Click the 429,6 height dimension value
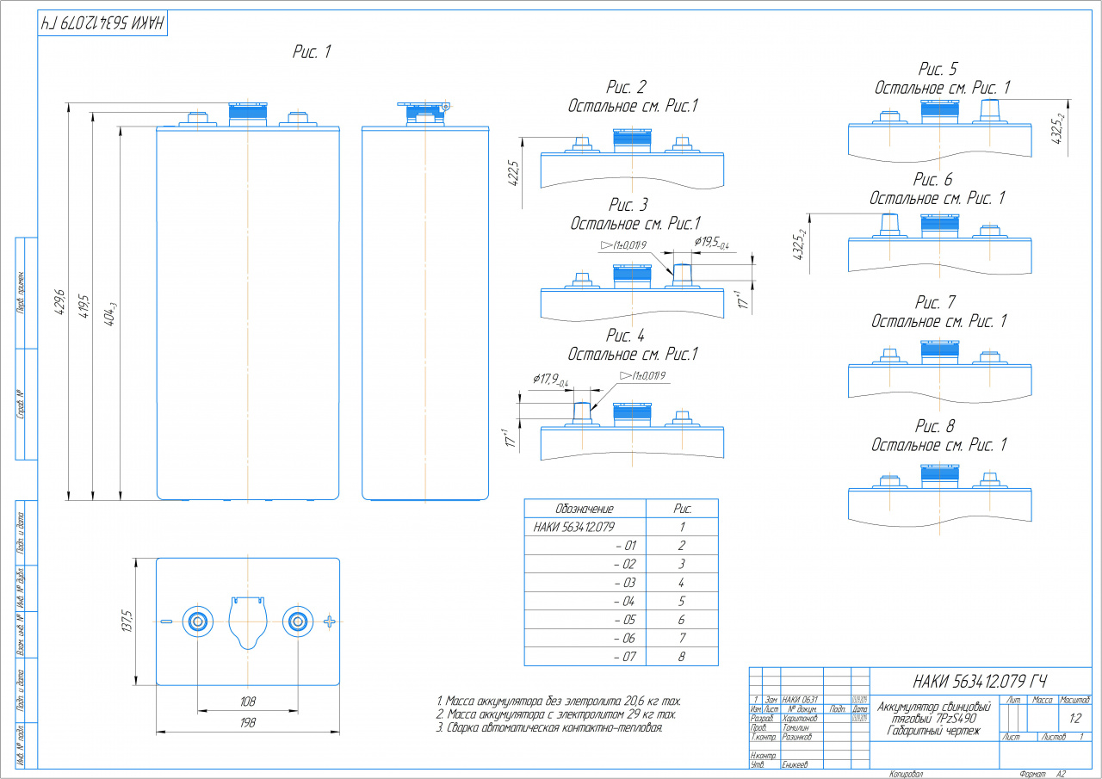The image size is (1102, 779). pos(59,301)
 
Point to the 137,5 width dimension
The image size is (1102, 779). pos(127,621)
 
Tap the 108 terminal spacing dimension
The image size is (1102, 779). pos(247,702)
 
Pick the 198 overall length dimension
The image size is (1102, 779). pos(247,724)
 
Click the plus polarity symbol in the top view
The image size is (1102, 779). pos(330,621)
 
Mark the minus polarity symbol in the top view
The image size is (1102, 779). pos(166,621)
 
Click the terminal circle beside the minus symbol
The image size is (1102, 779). pos(197,621)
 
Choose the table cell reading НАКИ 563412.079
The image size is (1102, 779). pos(574,526)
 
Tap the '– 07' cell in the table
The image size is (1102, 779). pos(624,657)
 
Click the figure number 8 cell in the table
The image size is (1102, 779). pos(682,657)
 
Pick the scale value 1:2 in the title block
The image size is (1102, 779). pos(1074,717)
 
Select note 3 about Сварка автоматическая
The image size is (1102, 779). pos(549,728)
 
